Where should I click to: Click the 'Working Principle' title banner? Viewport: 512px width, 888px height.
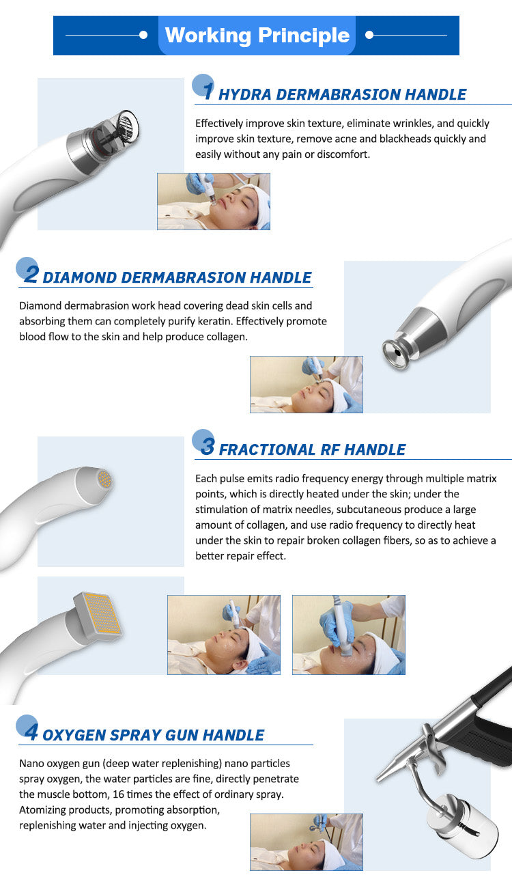(x=257, y=36)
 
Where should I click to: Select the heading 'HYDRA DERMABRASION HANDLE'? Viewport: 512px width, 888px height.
(x=342, y=94)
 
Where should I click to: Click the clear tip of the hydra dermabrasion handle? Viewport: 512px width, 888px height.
(x=126, y=125)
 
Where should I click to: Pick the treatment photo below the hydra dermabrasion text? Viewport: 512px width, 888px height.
(x=214, y=201)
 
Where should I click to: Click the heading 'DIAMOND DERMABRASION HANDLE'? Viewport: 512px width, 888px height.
(x=177, y=277)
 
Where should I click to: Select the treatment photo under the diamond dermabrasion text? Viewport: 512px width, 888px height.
(x=306, y=384)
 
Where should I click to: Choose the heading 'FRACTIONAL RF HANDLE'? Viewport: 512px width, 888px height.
(x=312, y=449)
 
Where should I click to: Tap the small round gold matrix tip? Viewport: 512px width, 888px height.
(x=104, y=479)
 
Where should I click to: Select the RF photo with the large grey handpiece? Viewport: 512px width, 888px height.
(x=348, y=635)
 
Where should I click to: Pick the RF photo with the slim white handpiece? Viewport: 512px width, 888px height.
(x=223, y=635)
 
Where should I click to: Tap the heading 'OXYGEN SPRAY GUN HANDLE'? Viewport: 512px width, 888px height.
(x=153, y=735)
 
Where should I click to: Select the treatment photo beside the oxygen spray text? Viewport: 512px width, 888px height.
(x=306, y=842)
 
